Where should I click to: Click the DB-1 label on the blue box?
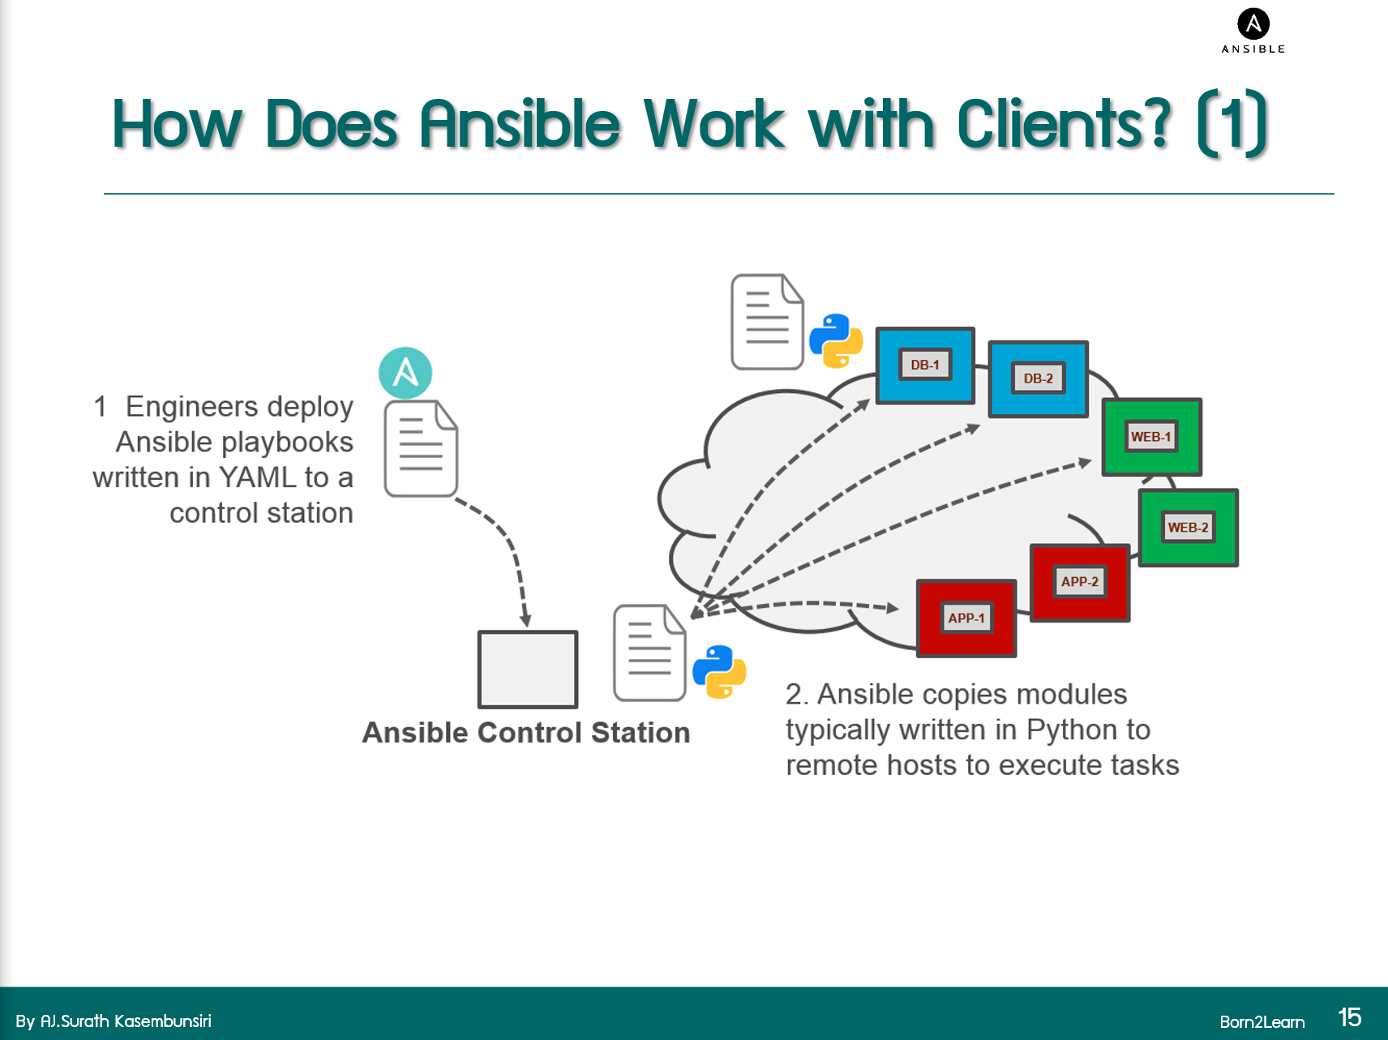point(924,365)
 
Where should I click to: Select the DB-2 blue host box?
point(1038,379)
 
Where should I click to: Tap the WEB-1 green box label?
point(1150,436)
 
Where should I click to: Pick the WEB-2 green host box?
point(1188,527)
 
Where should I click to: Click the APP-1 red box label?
point(966,618)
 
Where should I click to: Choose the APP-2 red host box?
point(1079,582)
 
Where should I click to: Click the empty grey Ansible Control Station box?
point(528,670)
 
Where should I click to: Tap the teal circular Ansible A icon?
point(405,373)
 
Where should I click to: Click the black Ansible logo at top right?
point(1253,25)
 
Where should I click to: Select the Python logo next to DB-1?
point(836,340)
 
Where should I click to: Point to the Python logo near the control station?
point(719,671)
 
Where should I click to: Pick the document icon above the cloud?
point(767,322)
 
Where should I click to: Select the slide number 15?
point(1349,1017)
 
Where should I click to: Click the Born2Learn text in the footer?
point(1262,1021)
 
